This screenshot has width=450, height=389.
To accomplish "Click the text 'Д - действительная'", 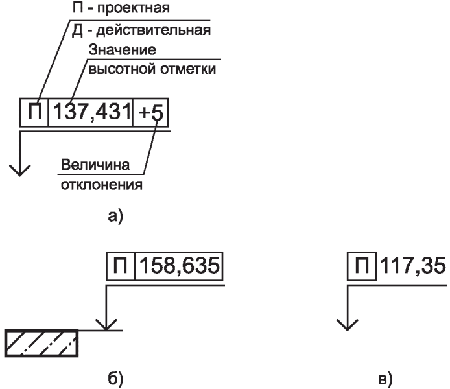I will (x=141, y=30).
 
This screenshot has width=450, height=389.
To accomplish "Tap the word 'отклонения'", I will (x=101, y=185).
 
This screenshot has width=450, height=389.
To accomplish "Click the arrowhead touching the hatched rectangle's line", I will (x=105, y=324).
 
